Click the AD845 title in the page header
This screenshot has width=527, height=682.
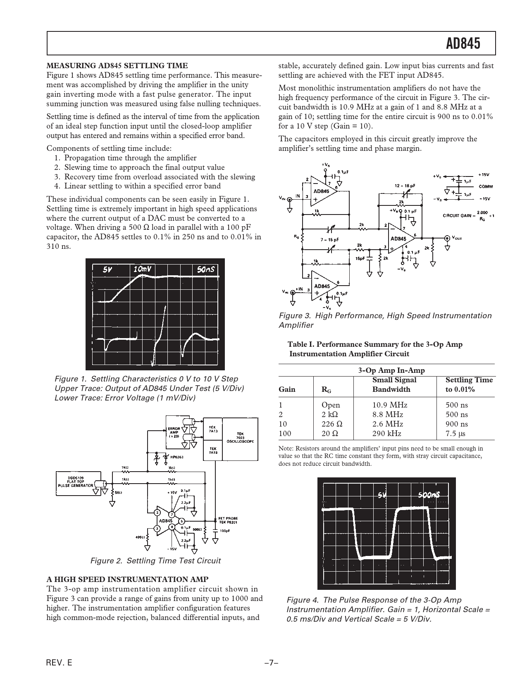463,43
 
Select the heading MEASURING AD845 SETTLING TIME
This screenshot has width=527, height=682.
117,66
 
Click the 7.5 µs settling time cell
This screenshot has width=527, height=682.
456,434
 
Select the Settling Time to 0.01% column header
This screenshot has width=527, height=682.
469,384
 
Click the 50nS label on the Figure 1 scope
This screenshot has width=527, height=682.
206,269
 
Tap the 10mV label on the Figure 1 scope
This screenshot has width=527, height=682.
142,269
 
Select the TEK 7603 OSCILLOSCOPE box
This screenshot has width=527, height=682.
240,439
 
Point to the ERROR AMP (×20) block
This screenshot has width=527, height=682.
174,432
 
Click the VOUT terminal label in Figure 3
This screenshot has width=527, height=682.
457,238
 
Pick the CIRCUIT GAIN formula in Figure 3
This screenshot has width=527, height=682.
469,215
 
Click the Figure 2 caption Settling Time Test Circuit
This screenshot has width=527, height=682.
155,561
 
